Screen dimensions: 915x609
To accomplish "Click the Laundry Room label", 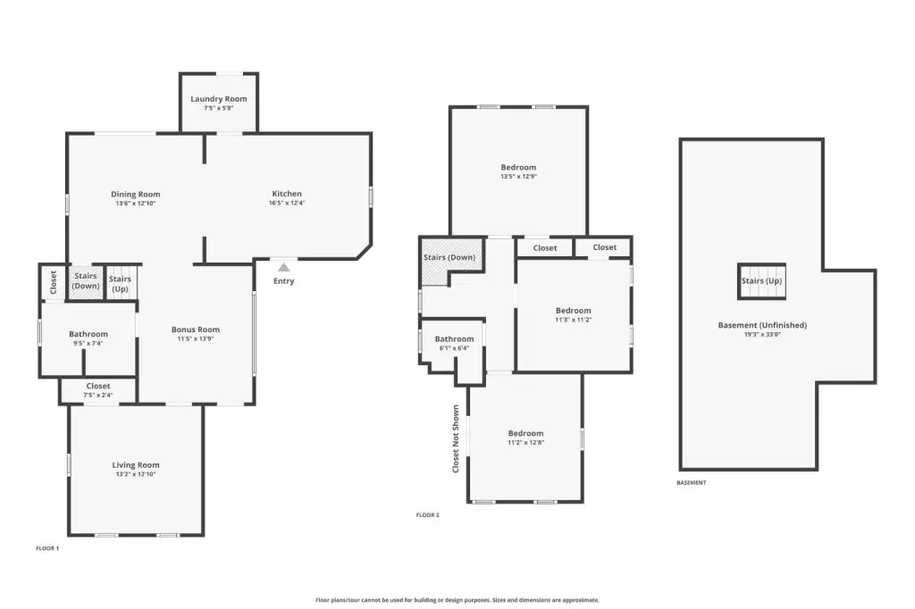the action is tap(219, 98).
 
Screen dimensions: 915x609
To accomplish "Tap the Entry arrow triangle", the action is tap(283, 268).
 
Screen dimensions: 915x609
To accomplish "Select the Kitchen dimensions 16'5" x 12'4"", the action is tap(287, 203).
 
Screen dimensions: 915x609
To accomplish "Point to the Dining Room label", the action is tap(136, 195).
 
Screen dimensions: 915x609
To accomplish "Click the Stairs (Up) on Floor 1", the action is tap(121, 283).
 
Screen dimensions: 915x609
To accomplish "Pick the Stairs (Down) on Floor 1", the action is tap(86, 283).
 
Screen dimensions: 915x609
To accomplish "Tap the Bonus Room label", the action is tap(196, 330).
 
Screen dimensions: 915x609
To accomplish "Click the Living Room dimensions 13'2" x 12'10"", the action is tap(136, 474).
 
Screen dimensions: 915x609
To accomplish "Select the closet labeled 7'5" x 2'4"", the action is tap(98, 389).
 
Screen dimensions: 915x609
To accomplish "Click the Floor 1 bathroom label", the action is tap(88, 334).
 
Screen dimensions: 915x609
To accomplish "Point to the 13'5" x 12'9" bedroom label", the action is tap(518, 167).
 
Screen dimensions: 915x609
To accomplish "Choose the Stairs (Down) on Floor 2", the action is tap(450, 261).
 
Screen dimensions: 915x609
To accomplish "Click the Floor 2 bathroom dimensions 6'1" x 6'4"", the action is tap(454, 348).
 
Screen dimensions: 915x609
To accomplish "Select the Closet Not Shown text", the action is tap(456, 438).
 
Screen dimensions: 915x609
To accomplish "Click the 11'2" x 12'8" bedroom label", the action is tap(525, 433).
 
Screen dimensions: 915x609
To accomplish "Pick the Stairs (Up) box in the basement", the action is tap(761, 281).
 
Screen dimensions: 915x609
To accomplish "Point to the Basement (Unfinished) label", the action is tap(762, 326).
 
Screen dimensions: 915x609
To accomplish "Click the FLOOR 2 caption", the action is tap(428, 515).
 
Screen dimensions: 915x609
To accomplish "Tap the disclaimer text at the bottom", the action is tap(457, 600).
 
